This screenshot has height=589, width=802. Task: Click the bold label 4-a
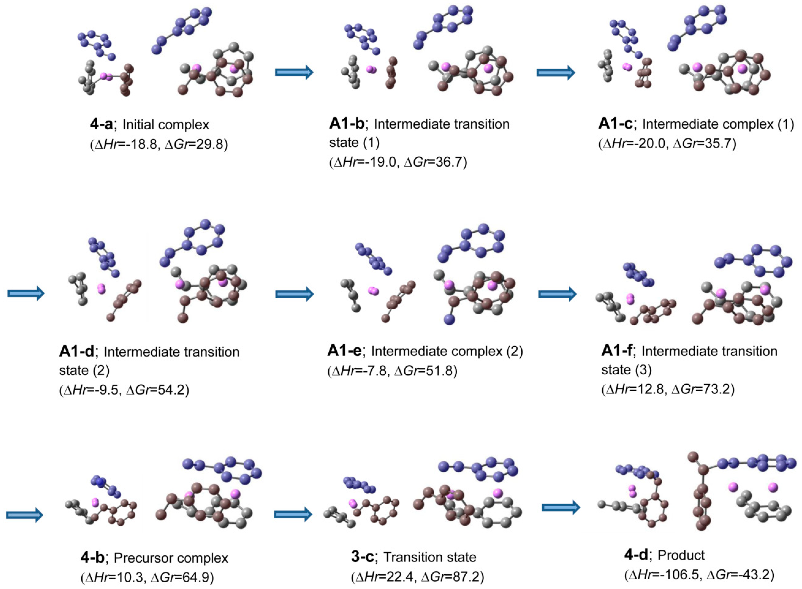point(101,124)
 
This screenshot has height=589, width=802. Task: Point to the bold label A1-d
point(76,352)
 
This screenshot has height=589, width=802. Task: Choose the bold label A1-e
point(344,351)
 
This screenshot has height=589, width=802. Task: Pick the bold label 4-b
point(92,558)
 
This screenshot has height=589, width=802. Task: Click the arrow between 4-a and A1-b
point(294,72)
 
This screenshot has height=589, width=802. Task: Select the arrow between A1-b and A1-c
point(556,72)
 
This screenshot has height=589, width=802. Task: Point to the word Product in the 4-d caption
point(681,555)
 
